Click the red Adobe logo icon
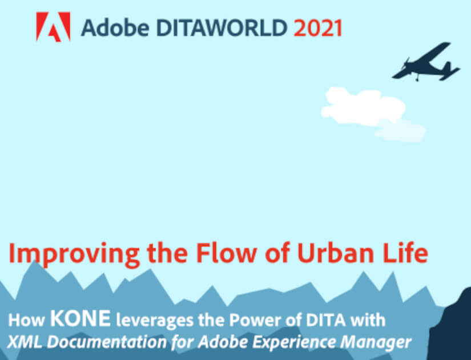point(53,27)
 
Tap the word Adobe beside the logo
point(115,27)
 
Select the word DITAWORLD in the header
point(222,27)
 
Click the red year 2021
point(318,27)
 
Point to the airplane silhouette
point(426,62)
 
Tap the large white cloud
point(364,106)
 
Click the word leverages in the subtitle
point(155,321)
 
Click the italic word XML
point(25,342)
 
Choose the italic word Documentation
point(107,342)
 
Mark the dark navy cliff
point(450,328)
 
